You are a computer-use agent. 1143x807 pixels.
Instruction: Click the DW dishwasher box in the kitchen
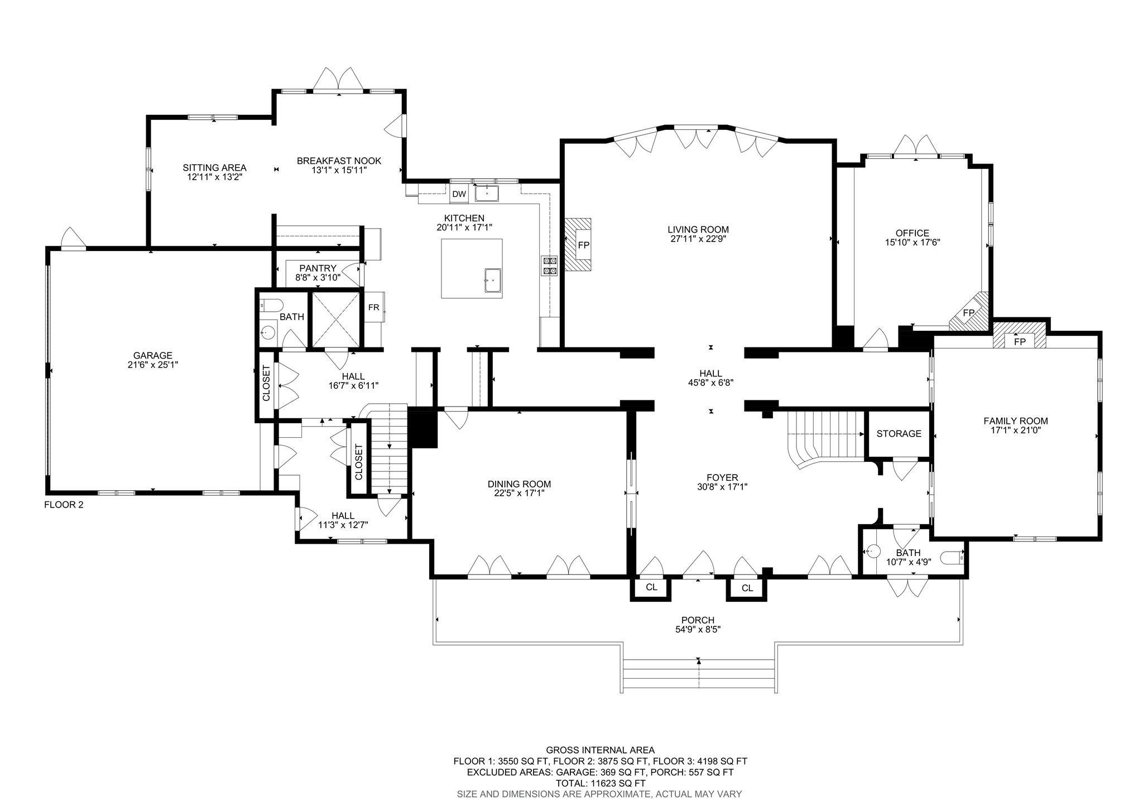tap(459, 194)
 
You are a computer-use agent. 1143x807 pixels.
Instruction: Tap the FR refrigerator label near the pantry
tap(373, 307)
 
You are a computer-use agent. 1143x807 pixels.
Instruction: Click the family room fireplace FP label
tap(1020, 341)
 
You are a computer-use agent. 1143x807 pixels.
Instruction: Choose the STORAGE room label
tap(899, 433)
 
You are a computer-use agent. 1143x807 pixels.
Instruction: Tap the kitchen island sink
tap(493, 280)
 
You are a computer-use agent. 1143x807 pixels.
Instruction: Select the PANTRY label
tap(318, 268)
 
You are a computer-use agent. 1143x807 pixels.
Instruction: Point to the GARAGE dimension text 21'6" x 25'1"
tap(152, 365)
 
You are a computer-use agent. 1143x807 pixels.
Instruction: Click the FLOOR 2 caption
tap(64, 505)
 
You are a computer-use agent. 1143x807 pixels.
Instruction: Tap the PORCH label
tap(698, 620)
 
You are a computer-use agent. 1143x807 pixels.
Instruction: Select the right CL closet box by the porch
tap(747, 588)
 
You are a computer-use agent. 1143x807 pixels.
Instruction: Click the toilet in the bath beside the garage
tap(272, 305)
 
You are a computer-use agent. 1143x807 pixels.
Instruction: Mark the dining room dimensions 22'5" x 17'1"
tap(519, 493)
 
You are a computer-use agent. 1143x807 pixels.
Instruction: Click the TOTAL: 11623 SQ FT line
tap(600, 783)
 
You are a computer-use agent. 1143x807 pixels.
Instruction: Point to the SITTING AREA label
tap(214, 167)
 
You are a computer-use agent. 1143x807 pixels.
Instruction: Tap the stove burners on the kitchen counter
tap(549, 266)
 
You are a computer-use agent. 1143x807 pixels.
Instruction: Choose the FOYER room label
tap(722, 477)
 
